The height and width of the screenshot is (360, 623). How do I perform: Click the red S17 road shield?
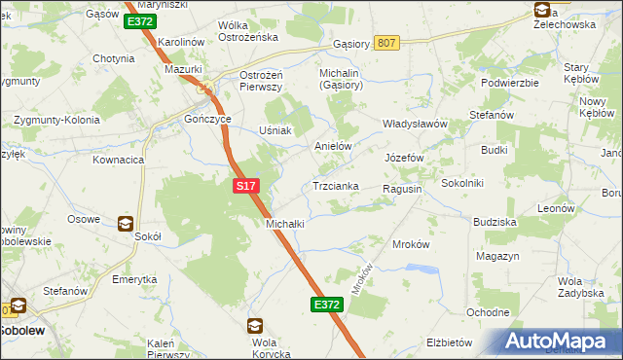pyautogui.click(x=245, y=183)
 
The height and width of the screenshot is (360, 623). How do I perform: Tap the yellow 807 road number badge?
pyautogui.click(x=386, y=43)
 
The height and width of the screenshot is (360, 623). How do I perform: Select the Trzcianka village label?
pyautogui.click(x=336, y=186)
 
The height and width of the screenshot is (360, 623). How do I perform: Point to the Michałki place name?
pyautogui.click(x=285, y=223)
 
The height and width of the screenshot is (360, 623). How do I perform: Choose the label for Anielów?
pyautogui.click(x=332, y=146)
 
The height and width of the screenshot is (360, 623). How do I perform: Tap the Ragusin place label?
pyautogui.click(x=402, y=189)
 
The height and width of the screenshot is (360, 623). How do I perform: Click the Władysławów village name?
pyautogui.click(x=414, y=125)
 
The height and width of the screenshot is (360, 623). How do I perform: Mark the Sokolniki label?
pyautogui.click(x=463, y=182)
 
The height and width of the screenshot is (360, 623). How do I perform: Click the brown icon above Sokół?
pyautogui.click(x=126, y=223)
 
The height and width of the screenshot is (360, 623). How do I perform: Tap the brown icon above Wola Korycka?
pyautogui.click(x=254, y=326)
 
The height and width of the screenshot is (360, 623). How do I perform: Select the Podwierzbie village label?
pyautogui.click(x=509, y=83)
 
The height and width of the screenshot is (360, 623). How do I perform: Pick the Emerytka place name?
pyautogui.click(x=134, y=279)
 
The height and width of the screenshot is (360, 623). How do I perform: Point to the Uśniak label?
pyautogui.click(x=275, y=130)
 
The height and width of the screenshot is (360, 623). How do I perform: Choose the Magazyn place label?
pyautogui.click(x=498, y=256)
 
